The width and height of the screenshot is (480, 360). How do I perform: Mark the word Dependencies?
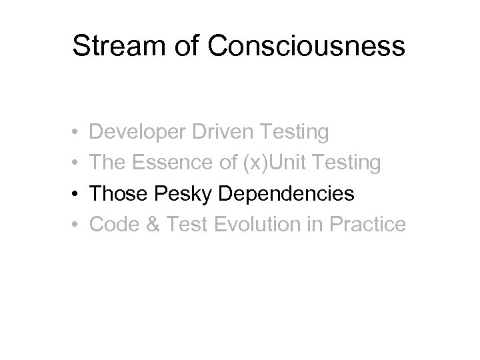pyautogui.click(x=287, y=195)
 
